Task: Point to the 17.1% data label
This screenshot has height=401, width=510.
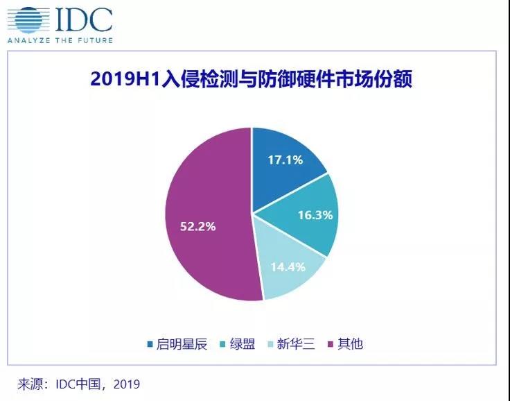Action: [x=285, y=159]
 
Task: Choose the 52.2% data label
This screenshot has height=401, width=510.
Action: [x=199, y=226]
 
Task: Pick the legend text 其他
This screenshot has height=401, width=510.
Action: [x=350, y=344]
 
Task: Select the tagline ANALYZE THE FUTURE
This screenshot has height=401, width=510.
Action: [x=60, y=40]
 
